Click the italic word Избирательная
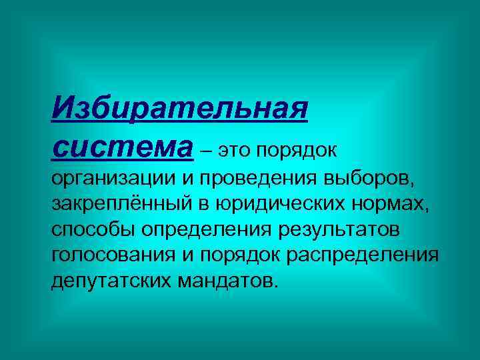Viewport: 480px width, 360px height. [x=179, y=109]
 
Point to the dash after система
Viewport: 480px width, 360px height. [x=206, y=150]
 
